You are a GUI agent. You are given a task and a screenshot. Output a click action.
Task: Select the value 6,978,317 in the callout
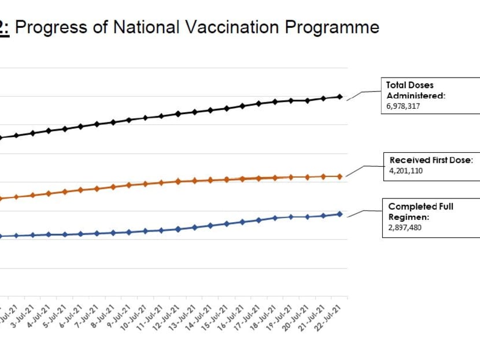407,107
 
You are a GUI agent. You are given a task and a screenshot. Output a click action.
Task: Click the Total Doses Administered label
415,90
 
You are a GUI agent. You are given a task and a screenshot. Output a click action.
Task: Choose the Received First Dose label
431,160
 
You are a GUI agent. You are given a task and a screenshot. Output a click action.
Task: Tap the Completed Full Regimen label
420,211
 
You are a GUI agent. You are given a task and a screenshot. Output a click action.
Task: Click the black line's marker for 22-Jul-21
339,97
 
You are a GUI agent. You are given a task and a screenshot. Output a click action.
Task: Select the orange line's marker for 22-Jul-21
339,176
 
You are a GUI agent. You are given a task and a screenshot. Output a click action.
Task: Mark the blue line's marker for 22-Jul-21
339,214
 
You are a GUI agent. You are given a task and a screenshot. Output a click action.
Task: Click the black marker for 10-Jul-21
145,117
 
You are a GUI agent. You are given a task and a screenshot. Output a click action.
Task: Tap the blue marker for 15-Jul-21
226,223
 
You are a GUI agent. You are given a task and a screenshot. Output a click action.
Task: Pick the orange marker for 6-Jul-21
80,189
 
